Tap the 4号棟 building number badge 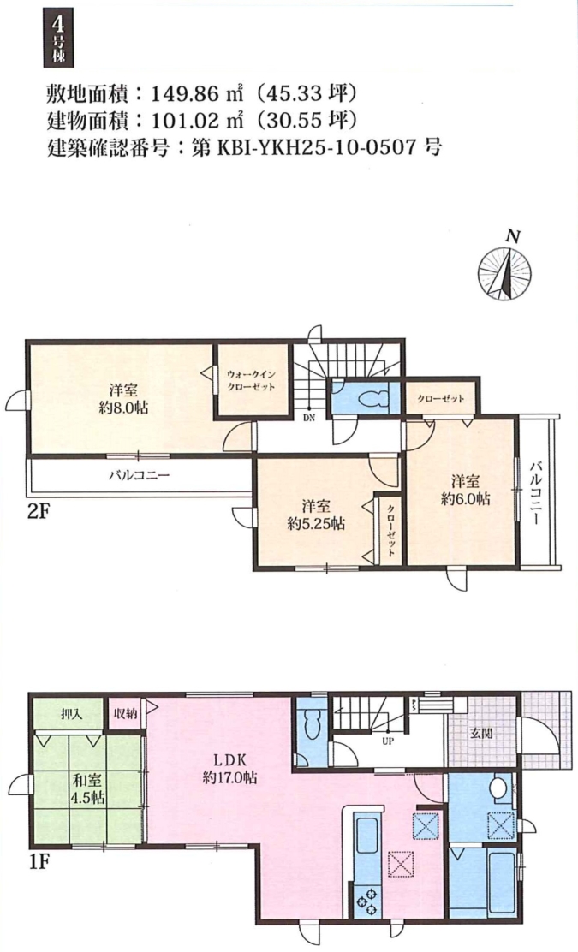(59, 40)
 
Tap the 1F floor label (38, 861)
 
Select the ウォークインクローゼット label (252, 381)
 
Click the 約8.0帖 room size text (123, 408)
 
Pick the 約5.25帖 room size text (316, 523)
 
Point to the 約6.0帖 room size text (466, 498)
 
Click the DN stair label (308, 417)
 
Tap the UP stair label (388, 741)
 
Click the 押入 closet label (72, 714)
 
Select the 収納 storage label (126, 714)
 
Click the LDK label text (230, 759)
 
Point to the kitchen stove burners (367, 901)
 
